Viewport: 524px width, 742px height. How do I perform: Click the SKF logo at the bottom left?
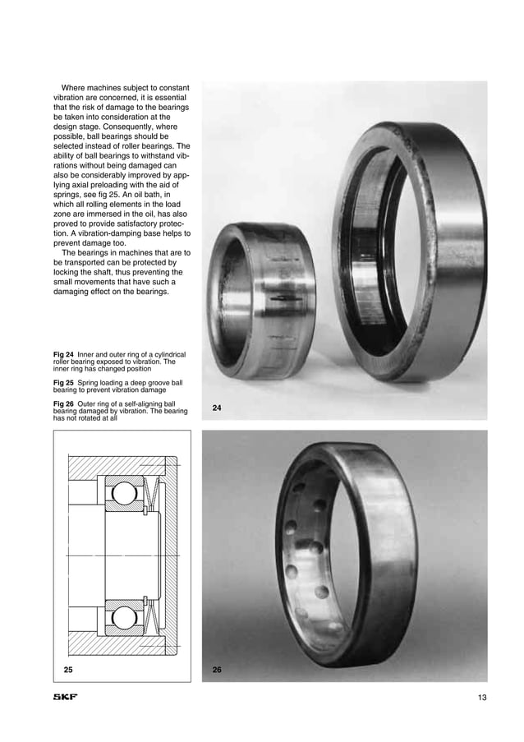click(x=66, y=698)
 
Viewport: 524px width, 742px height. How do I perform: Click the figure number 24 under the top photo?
click(x=217, y=408)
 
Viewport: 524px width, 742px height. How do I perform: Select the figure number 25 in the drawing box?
click(x=70, y=670)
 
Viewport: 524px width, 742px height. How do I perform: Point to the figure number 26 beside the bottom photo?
click(x=217, y=670)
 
